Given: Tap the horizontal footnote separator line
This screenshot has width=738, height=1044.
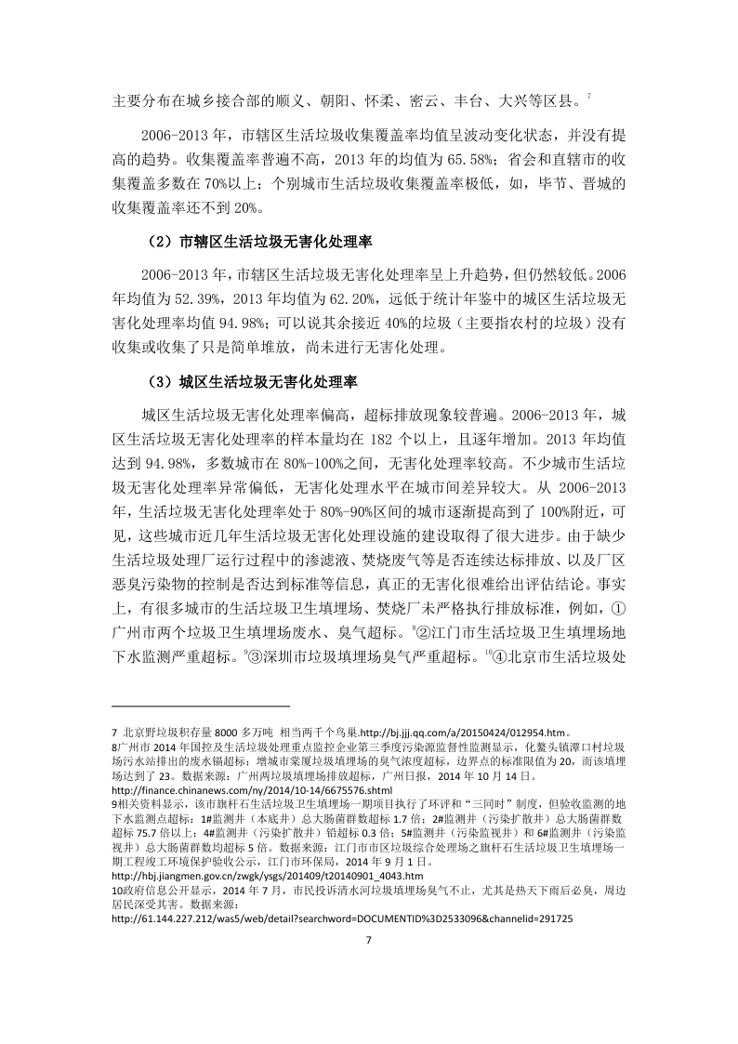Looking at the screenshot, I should tap(189, 707).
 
